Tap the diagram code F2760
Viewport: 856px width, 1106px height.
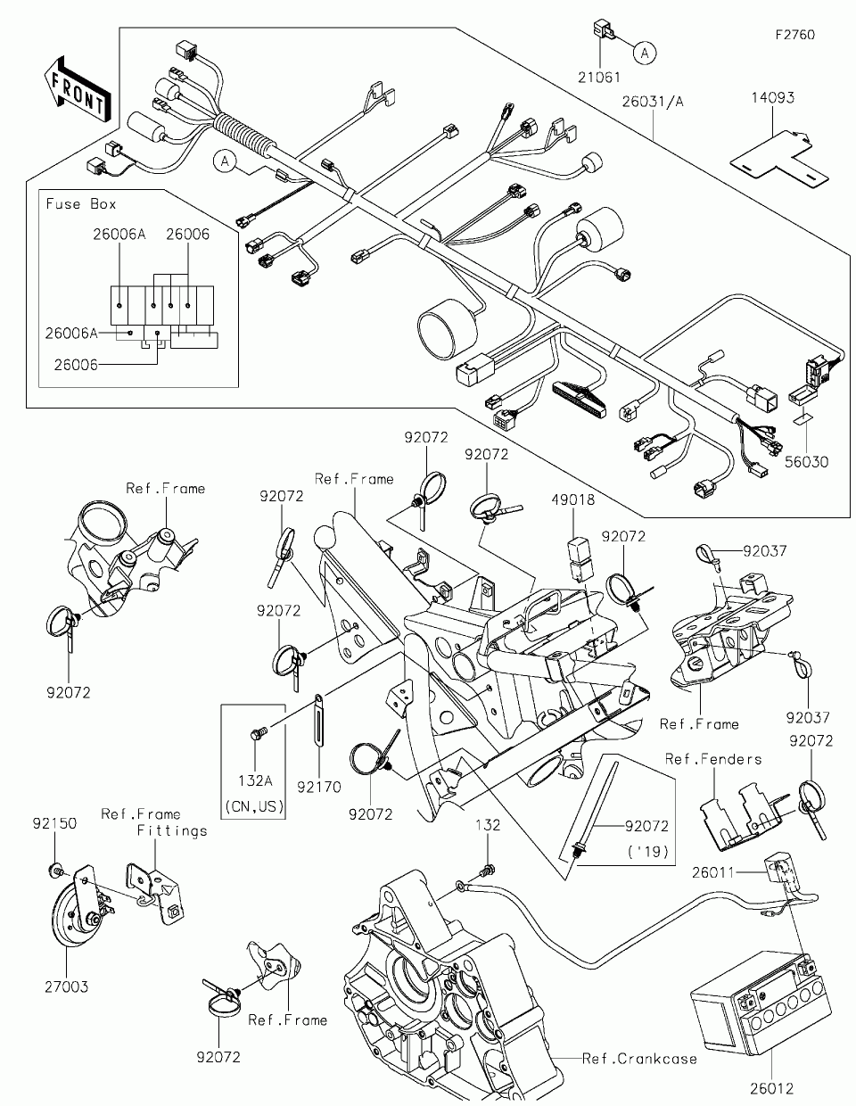pyautogui.click(x=794, y=35)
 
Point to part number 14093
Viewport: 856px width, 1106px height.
pyautogui.click(x=771, y=98)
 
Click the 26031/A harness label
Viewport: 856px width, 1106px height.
pyautogui.click(x=654, y=102)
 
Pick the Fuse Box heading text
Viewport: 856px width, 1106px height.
pyautogui.click(x=81, y=204)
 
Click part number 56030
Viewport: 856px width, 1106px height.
pyautogui.click(x=806, y=462)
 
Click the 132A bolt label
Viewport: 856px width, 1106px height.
pyautogui.click(x=255, y=781)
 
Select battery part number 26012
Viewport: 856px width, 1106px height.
pyautogui.click(x=770, y=1088)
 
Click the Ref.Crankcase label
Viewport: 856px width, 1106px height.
pyautogui.click(x=639, y=1059)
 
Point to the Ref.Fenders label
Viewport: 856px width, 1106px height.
pyautogui.click(x=713, y=759)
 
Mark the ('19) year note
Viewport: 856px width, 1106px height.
pyautogui.click(x=647, y=851)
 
